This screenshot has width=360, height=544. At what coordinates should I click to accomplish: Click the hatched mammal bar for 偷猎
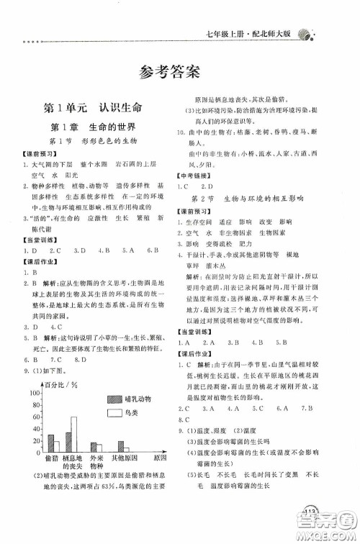50,441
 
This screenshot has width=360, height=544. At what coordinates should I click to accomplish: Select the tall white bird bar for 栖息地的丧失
73,433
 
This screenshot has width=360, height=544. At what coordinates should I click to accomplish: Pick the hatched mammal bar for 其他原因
121,445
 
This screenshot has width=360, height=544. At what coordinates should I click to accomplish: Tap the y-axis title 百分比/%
60,385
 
